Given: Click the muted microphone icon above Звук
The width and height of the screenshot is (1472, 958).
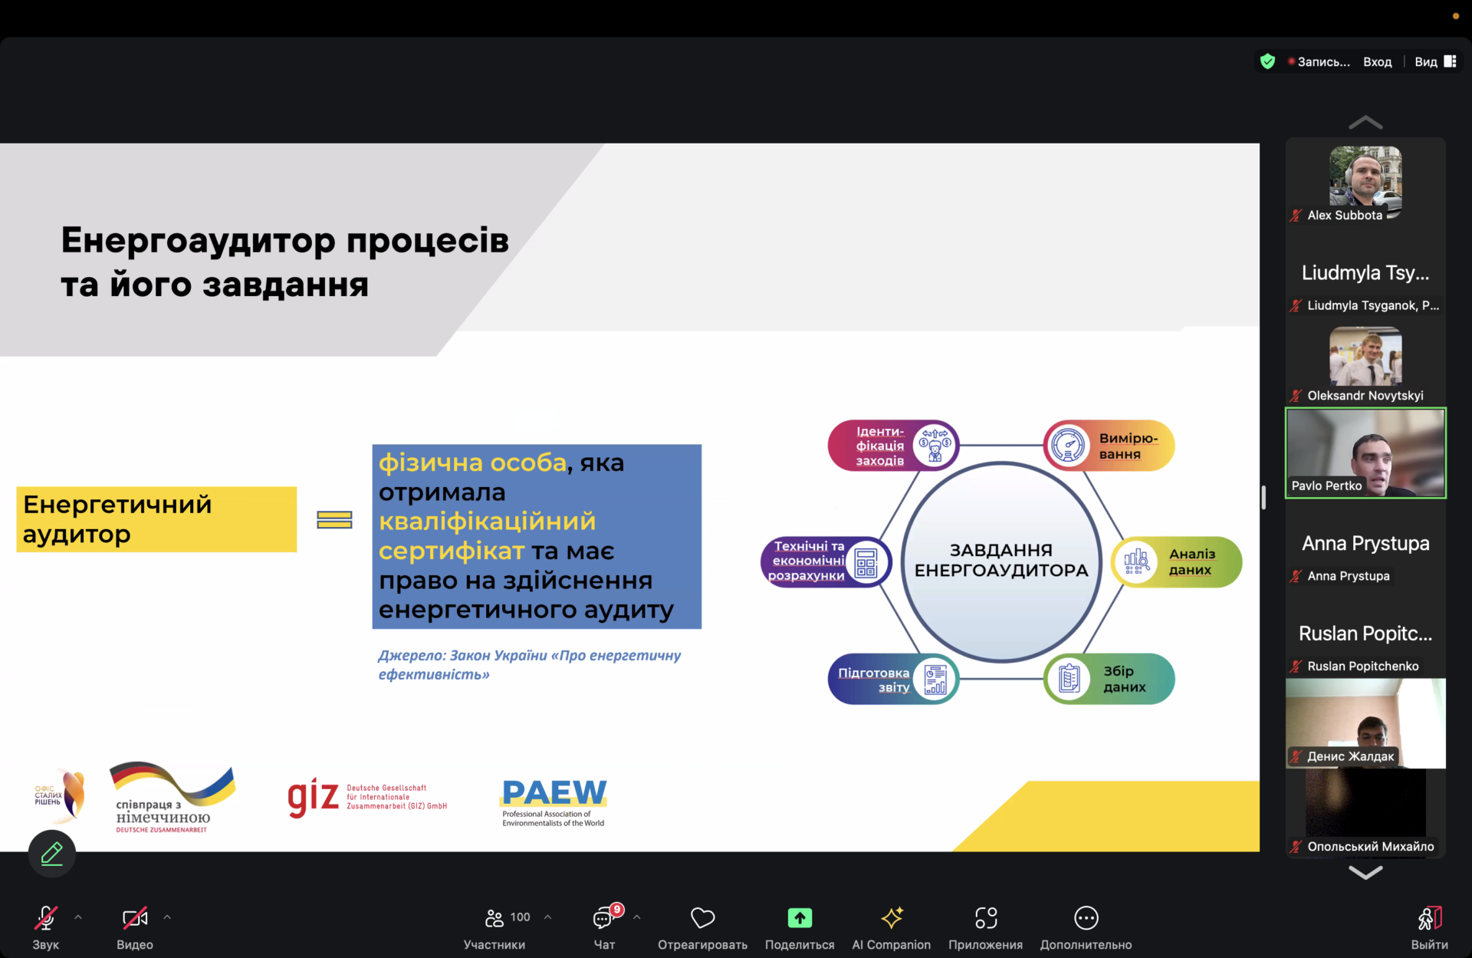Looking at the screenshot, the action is point(46,917).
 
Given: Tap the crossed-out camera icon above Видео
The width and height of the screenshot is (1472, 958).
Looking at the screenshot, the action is point(135,917).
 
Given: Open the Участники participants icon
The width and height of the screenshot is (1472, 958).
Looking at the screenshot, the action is point(495,917).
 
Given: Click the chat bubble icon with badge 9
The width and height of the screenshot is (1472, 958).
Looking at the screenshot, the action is point(604,917).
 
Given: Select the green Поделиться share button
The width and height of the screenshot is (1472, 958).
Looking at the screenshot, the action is point(800,917).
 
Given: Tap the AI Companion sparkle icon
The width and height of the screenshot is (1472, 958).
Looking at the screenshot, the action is point(892,917).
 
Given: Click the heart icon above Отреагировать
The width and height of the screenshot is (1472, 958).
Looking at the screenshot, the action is point(702,917).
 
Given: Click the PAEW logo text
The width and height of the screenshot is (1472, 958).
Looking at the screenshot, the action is point(554,792).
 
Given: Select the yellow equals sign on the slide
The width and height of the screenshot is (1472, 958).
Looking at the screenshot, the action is point(334,520).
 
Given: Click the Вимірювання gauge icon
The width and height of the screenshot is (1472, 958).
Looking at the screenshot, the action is point(1068,445).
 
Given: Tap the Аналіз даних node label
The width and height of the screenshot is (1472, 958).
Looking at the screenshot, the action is point(1191,561).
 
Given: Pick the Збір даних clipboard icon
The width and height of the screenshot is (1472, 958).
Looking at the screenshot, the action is point(1069,679).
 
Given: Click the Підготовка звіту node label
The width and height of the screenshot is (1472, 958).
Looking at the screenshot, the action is point(873,680).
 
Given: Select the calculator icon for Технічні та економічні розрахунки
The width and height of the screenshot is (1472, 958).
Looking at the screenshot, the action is point(866,562).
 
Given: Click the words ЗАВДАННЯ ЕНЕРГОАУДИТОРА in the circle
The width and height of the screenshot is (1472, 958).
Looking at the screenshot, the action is point(1001,560).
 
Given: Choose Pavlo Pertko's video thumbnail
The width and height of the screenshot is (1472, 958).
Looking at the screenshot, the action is point(1365,453).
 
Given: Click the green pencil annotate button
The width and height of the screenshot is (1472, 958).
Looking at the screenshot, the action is point(52,853).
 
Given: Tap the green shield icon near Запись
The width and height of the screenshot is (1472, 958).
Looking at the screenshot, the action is point(1267,61).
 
